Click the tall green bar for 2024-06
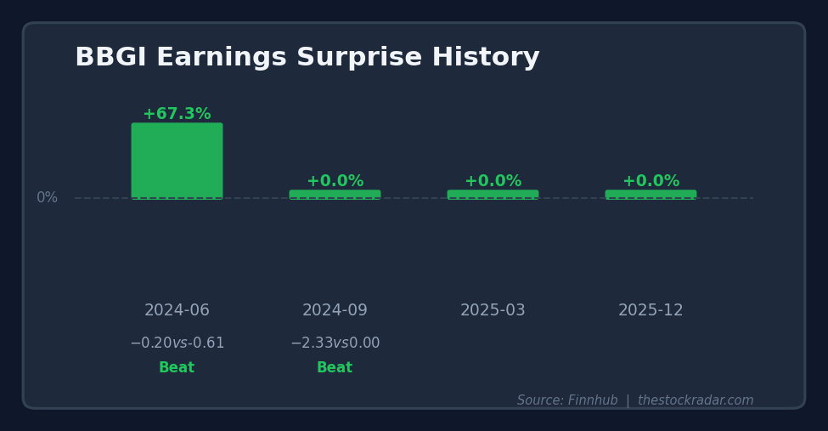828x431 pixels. [x=177, y=161]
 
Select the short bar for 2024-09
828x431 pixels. [x=335, y=195]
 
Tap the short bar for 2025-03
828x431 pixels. [x=493, y=195]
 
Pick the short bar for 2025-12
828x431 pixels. [x=651, y=195]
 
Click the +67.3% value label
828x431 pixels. [x=177, y=114]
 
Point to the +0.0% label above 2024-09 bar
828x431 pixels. [x=335, y=181]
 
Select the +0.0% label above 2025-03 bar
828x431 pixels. [x=493, y=181]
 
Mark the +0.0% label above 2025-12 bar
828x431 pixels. [x=651, y=181]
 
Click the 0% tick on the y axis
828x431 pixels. [x=47, y=198]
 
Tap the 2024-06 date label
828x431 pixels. [x=177, y=311]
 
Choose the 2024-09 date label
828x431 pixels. [x=335, y=311]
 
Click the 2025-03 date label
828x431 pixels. [x=493, y=311]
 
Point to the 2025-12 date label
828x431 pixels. [x=651, y=311]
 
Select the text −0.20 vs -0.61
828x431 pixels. [x=177, y=343]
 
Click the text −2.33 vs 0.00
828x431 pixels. [x=335, y=343]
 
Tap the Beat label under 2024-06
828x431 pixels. [x=177, y=368]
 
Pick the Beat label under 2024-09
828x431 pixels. [x=335, y=368]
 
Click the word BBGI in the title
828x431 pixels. [x=110, y=58]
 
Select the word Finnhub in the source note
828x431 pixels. [x=593, y=400]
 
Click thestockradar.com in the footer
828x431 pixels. [x=696, y=400]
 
